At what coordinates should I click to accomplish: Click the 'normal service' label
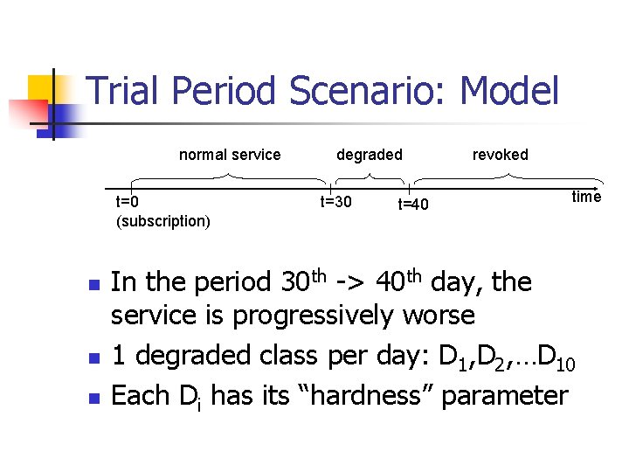(x=230, y=155)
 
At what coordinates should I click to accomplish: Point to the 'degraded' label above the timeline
(x=370, y=155)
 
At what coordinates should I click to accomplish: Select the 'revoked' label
(x=500, y=155)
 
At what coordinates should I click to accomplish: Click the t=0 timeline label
(x=127, y=203)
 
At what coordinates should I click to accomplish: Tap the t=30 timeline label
(x=335, y=203)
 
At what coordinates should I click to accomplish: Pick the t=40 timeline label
(x=413, y=205)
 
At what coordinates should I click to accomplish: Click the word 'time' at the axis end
(x=586, y=197)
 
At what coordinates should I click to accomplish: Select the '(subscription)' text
(x=162, y=221)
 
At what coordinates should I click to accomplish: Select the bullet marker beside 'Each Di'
(x=93, y=399)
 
